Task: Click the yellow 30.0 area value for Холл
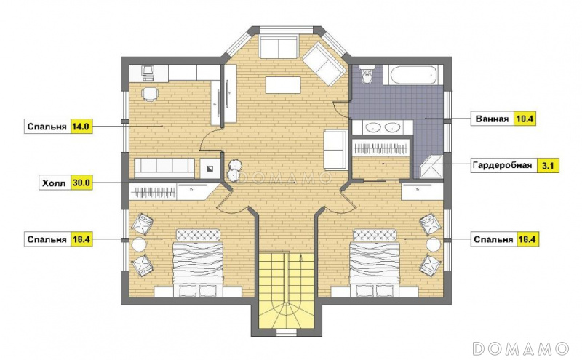click(81, 183)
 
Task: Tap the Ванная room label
click(492, 119)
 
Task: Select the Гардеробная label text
click(502, 165)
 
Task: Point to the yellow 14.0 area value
click(81, 127)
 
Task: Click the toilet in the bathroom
click(367, 75)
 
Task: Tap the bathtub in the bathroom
click(412, 74)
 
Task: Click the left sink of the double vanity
click(372, 127)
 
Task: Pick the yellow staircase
click(286, 291)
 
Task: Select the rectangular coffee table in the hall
click(283, 85)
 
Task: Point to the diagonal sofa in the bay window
click(324, 64)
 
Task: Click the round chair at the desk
click(150, 94)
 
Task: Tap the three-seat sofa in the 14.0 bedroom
click(164, 169)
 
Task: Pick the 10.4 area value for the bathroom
click(525, 119)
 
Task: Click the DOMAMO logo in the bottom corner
click(520, 348)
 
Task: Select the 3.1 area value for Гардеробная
click(548, 165)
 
